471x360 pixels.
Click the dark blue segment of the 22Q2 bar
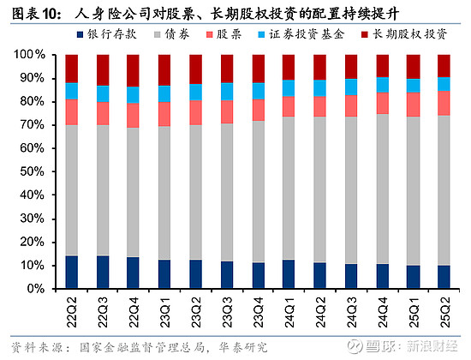(x=72, y=273)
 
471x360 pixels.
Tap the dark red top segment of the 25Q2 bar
(x=444, y=66)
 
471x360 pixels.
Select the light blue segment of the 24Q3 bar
(x=351, y=87)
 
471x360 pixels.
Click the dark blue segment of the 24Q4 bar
(x=383, y=276)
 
